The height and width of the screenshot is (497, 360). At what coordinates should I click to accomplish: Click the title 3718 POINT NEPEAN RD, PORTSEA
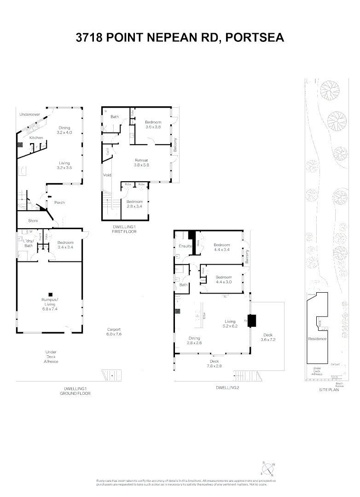(x=180, y=38)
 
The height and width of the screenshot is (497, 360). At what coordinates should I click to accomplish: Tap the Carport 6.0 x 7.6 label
(x=114, y=332)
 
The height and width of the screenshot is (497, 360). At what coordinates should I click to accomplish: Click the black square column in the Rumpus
(x=51, y=294)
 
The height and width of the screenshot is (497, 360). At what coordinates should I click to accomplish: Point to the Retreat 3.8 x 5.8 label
(x=141, y=162)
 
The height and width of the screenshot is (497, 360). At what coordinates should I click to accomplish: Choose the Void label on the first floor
(x=107, y=175)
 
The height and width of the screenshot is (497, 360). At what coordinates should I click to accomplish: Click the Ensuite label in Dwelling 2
(x=185, y=247)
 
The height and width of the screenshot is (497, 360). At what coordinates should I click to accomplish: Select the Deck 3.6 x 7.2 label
(x=268, y=337)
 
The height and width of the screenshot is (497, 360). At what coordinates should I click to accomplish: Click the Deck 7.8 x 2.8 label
(x=215, y=364)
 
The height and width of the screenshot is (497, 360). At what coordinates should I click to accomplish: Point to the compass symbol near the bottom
(x=268, y=468)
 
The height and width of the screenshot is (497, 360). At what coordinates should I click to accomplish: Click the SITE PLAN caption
(x=329, y=389)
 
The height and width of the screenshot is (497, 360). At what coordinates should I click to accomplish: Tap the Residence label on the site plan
(x=318, y=339)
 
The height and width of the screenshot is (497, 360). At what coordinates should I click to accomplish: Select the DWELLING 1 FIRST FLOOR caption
(x=125, y=229)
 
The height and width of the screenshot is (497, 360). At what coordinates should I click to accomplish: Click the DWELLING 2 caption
(x=227, y=388)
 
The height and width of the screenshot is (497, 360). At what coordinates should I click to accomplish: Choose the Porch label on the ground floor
(x=59, y=202)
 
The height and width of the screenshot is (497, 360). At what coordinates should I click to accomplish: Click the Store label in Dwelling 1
(x=33, y=221)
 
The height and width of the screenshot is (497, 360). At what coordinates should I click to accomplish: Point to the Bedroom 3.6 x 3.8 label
(x=153, y=124)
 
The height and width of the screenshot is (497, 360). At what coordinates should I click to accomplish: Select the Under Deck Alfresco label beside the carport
(x=51, y=357)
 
